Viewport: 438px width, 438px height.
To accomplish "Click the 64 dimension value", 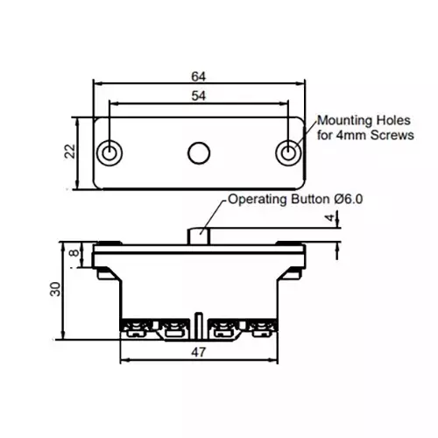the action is (199, 76).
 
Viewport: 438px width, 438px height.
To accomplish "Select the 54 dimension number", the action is (199, 95).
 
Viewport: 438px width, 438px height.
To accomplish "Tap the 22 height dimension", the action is (70, 152).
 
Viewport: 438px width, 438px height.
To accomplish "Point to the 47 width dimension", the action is (199, 352).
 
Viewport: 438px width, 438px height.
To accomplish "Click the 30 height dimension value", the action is (55, 289).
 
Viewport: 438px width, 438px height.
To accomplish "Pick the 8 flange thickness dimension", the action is (74, 252).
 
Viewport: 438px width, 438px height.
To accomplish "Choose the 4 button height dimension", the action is (330, 217).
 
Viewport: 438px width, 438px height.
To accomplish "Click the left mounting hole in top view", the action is (109, 153).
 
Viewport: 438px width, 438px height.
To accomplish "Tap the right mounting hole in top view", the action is (288, 153).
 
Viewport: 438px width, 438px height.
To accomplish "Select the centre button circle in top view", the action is (199, 153).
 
